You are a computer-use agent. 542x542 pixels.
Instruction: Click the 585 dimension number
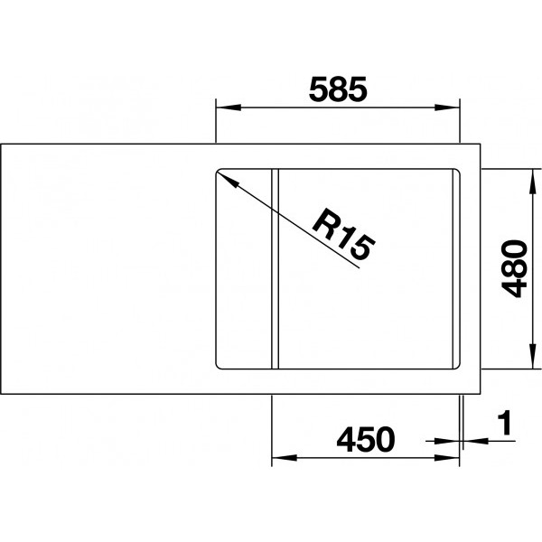coord(338,89)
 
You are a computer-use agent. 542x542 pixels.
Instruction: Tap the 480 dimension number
coord(515,268)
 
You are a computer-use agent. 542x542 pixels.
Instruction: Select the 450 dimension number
coord(365,439)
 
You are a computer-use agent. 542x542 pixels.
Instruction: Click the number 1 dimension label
coord(505,423)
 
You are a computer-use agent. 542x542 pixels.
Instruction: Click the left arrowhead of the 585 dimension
coord(229,107)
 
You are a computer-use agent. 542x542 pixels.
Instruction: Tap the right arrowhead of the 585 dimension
coord(447,107)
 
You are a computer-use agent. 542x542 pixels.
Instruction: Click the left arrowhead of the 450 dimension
coord(285,458)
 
